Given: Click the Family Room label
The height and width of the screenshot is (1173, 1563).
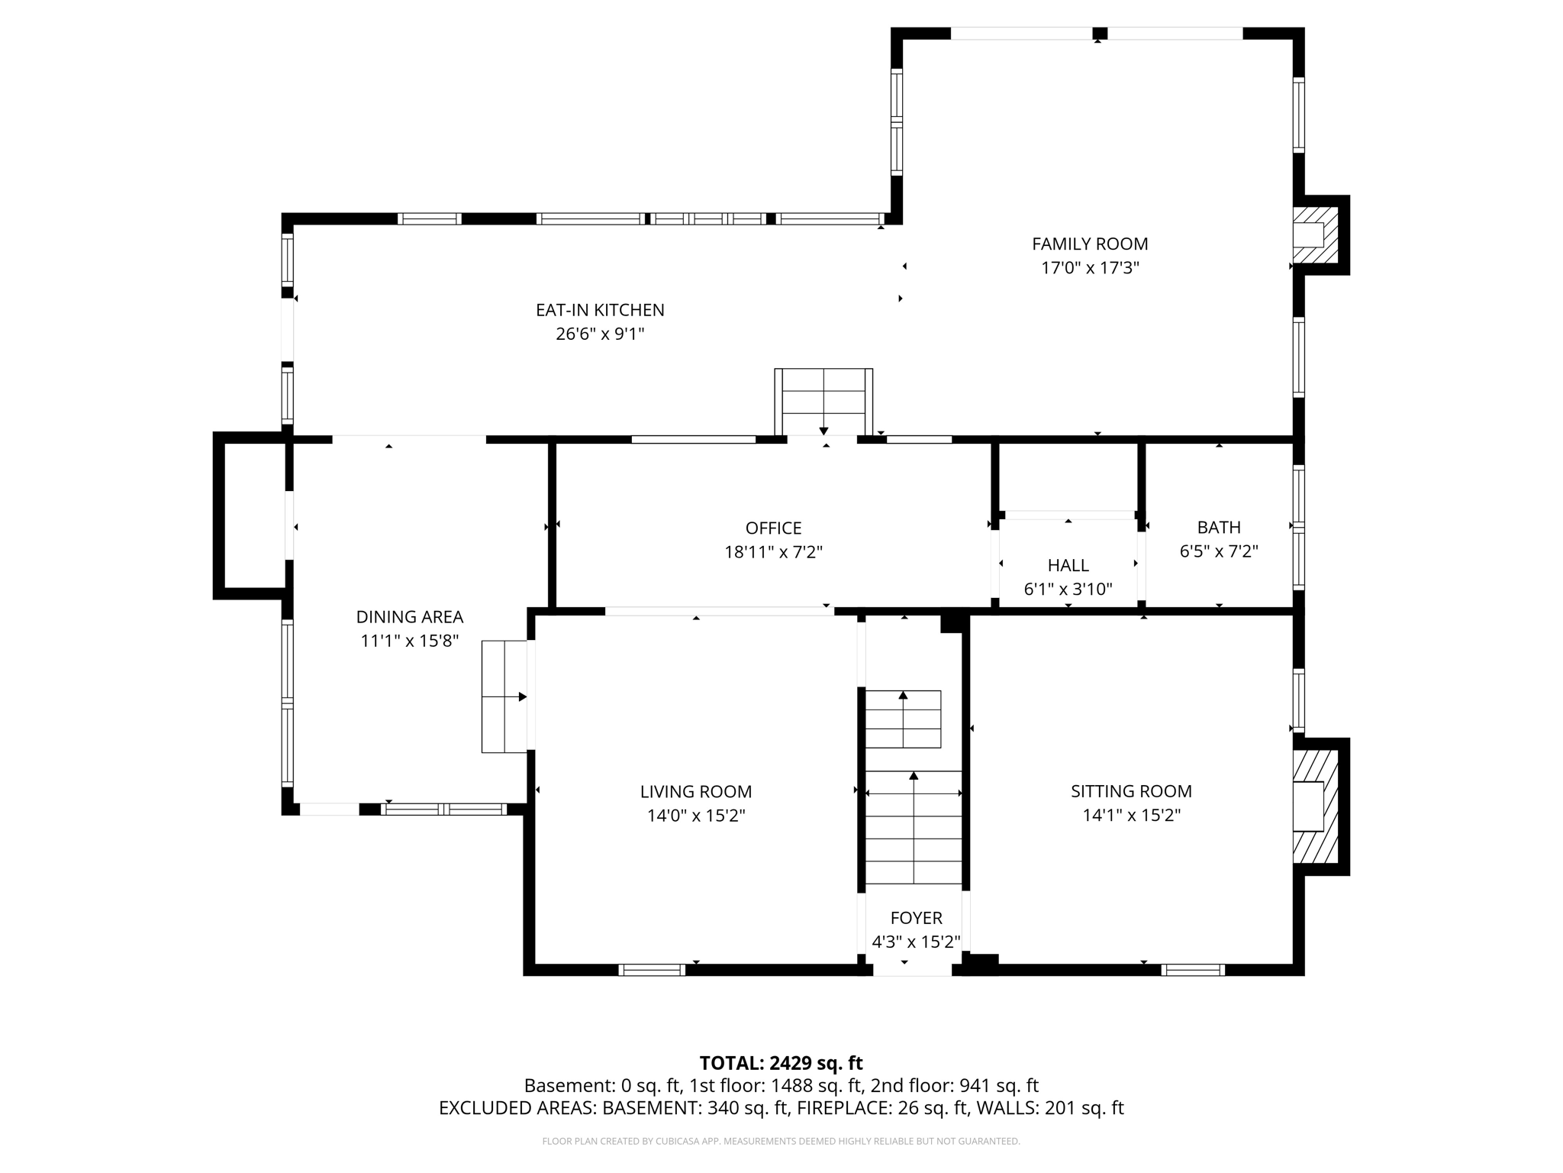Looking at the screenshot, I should [x=1089, y=244].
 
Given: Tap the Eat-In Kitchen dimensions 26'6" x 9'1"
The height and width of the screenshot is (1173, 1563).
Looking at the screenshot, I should [x=600, y=334].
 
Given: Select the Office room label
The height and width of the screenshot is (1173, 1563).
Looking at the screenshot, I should [x=773, y=528].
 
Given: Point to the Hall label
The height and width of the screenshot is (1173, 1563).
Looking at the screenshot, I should [x=1068, y=565].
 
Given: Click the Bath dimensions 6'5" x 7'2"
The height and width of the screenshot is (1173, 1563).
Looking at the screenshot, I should [x=1218, y=551].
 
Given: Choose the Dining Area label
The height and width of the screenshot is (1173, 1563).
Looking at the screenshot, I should [x=409, y=616].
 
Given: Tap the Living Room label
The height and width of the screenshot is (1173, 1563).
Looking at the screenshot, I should [x=695, y=791].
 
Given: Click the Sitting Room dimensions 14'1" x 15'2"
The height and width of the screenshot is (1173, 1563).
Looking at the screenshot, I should [x=1131, y=815].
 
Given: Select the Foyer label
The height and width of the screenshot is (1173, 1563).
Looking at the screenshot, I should [x=916, y=918].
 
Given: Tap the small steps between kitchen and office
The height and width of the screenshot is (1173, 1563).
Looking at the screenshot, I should [x=823, y=402].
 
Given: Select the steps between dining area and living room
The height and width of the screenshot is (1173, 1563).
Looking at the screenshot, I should [x=504, y=696].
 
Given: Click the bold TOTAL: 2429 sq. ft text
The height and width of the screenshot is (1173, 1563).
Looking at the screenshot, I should [x=781, y=1063].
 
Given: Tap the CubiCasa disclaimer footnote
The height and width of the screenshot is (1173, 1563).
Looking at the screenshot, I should [x=781, y=1141].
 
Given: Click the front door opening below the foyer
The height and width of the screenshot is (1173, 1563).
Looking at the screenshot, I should [x=912, y=970].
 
